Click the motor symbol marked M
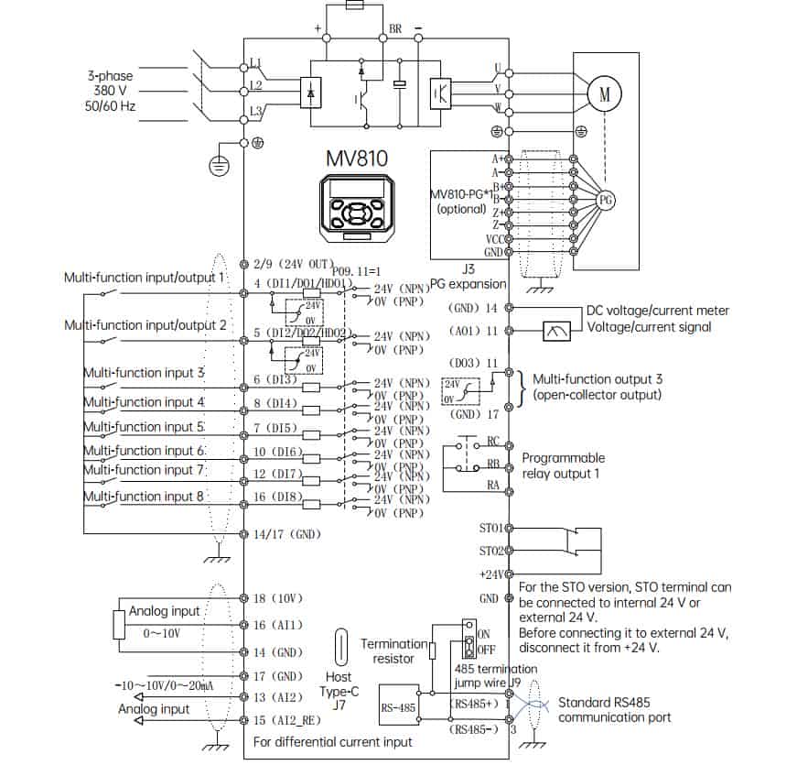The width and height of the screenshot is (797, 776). tap(603, 92)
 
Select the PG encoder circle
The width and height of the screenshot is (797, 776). tap(605, 199)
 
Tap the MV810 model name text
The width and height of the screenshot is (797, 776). tap(357, 158)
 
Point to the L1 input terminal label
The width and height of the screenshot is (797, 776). tap(256, 62)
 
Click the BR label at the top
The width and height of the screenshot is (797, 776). tap(395, 29)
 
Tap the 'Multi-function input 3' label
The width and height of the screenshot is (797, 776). tap(144, 373)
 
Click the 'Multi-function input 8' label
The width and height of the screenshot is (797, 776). tap(144, 496)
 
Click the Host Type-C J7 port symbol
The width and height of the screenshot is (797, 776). tap(342, 647)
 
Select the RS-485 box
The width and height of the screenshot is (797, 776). tap(400, 706)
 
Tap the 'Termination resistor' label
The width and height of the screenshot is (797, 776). tap(393, 651)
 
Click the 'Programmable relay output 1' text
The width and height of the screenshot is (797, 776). tap(563, 465)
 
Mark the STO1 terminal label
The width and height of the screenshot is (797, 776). tap(490, 529)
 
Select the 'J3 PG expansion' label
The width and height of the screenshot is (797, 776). tap(468, 277)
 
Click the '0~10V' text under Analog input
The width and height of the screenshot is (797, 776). tap(163, 633)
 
